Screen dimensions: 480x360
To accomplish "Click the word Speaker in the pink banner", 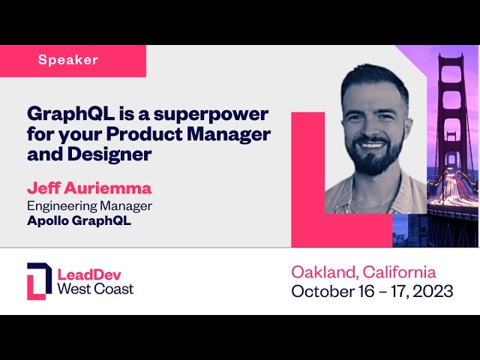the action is click(x=68, y=60).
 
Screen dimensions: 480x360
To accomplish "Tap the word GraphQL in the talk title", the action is click(x=71, y=115).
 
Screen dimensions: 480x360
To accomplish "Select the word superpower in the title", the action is click(x=211, y=115).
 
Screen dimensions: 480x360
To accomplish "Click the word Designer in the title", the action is click(x=109, y=154).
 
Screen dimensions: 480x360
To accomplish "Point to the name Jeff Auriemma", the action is click(x=89, y=187).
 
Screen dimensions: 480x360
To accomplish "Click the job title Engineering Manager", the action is click(x=89, y=206).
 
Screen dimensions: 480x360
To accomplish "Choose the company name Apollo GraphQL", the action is click(x=79, y=220).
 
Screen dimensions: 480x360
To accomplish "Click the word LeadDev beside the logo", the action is click(x=89, y=274).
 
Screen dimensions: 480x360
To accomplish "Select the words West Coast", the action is click(x=95, y=289).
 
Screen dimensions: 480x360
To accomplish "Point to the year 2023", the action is click(x=433, y=291).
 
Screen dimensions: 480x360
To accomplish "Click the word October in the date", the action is click(x=322, y=291).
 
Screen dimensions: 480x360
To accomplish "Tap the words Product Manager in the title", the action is click(x=188, y=134).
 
